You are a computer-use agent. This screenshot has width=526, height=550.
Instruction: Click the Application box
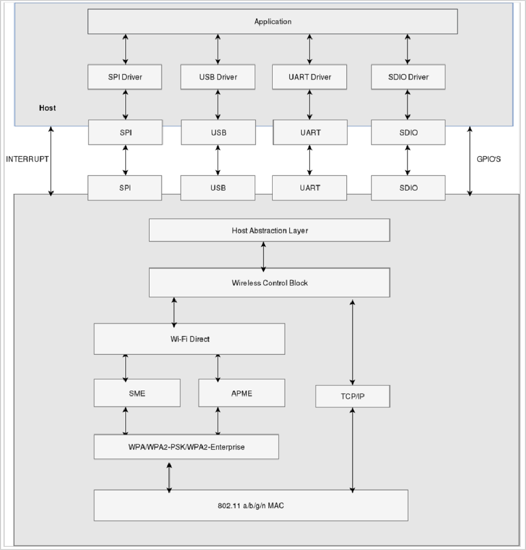pyautogui.click(x=272, y=21)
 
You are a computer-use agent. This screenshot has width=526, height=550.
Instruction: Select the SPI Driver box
pyautogui.click(x=125, y=77)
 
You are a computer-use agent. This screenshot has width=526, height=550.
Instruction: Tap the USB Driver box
pyautogui.click(x=218, y=77)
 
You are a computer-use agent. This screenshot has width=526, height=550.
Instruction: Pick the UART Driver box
pyautogui.click(x=310, y=77)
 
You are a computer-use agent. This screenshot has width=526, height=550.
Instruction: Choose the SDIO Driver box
pyautogui.click(x=408, y=77)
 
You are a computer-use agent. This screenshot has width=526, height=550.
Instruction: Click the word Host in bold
pyautogui.click(x=47, y=108)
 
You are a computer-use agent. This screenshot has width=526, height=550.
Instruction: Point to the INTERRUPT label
pyautogui.click(x=27, y=159)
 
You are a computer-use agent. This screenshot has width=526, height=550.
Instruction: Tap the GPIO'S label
pyautogui.click(x=488, y=159)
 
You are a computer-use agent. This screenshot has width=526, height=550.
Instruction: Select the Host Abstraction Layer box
pyautogui.click(x=269, y=230)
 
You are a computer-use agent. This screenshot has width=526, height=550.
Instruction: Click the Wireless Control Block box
pyautogui.click(x=269, y=283)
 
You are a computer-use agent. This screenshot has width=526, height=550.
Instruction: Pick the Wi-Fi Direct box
pyautogui.click(x=189, y=339)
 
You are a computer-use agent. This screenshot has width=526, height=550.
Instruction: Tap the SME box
pyautogui.click(x=137, y=393)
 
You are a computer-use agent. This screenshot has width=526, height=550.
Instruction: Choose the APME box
pyautogui.click(x=242, y=393)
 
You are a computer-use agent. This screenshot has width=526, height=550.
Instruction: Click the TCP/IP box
pyautogui.click(x=353, y=397)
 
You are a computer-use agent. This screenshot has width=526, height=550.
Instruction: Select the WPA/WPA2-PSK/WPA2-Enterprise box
pyautogui.click(x=186, y=447)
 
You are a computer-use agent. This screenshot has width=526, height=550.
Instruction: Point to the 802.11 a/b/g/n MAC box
pyautogui.click(x=250, y=505)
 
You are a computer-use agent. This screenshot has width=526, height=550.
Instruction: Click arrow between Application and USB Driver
pyautogui.click(x=218, y=49)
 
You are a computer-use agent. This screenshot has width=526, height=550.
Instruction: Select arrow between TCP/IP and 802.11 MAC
pyautogui.click(x=353, y=449)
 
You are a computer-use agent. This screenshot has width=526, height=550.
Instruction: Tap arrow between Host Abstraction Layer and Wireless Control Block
pyautogui.click(x=264, y=255)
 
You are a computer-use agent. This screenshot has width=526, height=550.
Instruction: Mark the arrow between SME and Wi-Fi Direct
pyautogui.click(x=125, y=367)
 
